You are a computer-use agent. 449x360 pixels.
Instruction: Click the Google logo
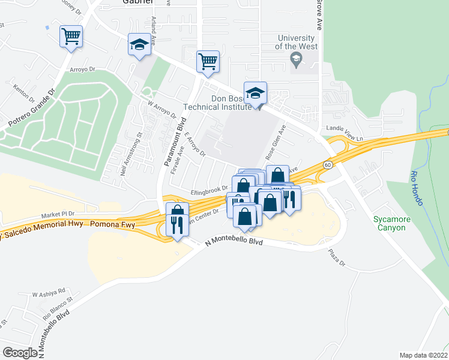coord(20,352)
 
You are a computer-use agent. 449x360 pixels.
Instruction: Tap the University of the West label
coord(296,41)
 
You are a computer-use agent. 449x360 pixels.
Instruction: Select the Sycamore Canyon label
coord(392,223)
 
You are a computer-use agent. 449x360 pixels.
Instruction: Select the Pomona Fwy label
coord(112,223)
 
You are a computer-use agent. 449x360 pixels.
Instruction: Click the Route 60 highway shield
coord(327,164)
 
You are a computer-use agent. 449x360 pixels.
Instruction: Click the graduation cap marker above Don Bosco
coord(255,94)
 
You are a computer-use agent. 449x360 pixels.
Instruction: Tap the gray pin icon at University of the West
coord(295,59)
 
